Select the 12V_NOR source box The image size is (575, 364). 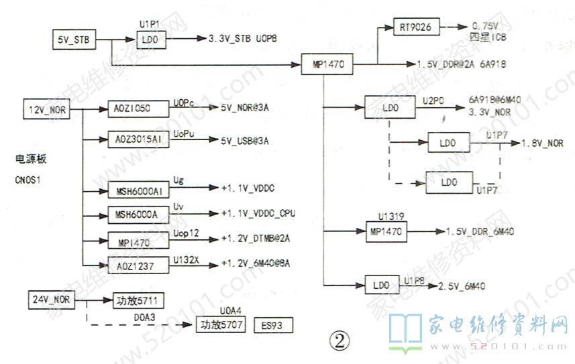[46, 110]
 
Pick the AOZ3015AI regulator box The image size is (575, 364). [138, 140]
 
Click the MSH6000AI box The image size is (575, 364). [138, 191]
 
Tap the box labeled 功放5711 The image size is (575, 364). [138, 300]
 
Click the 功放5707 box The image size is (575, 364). [220, 326]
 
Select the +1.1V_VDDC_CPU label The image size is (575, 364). [258, 213]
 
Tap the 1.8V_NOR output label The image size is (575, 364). [541, 143]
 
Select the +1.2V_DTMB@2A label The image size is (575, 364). [250, 238]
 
